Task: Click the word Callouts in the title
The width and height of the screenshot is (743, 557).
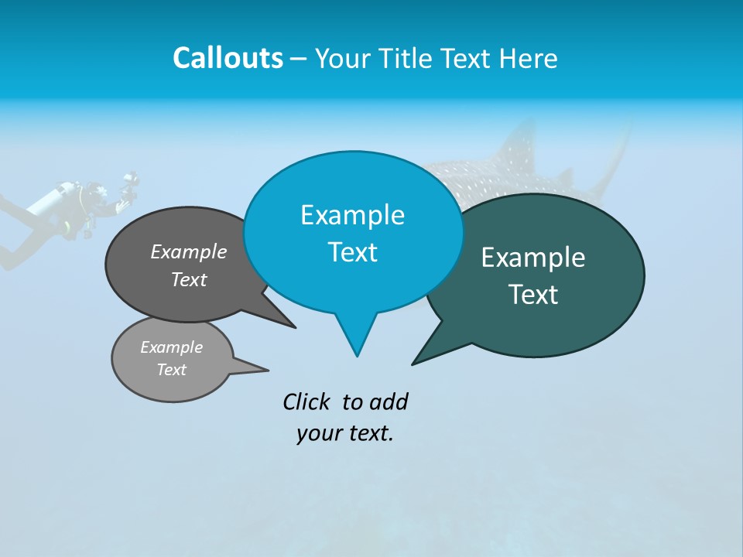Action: (228, 58)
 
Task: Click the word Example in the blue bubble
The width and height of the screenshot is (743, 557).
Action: (352, 215)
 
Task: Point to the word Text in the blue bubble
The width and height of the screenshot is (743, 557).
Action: (352, 252)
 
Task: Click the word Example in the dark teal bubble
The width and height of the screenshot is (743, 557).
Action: (533, 258)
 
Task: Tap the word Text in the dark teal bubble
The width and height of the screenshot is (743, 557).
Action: (533, 295)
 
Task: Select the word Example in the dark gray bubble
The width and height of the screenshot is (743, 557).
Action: (189, 251)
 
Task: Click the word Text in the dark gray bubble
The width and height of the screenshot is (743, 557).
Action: (189, 279)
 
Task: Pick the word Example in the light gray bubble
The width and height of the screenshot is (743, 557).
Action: (171, 347)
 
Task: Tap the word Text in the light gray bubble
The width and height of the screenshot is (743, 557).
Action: (171, 370)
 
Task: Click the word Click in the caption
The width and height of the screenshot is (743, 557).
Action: (308, 402)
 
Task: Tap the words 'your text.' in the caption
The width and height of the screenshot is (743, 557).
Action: (345, 433)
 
